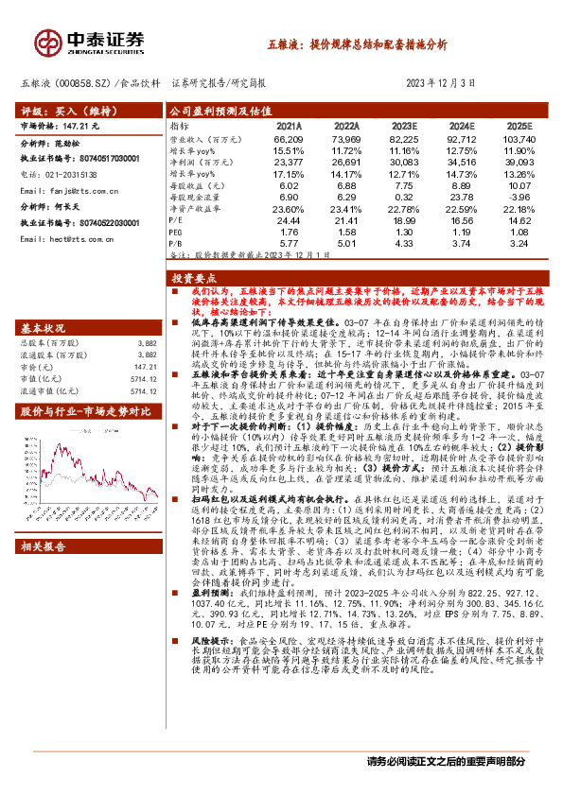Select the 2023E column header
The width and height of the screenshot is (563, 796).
tap(403, 124)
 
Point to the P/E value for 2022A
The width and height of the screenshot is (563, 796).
tap(346, 218)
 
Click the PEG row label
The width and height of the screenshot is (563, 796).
tap(177, 230)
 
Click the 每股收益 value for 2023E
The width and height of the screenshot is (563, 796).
tap(404, 185)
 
